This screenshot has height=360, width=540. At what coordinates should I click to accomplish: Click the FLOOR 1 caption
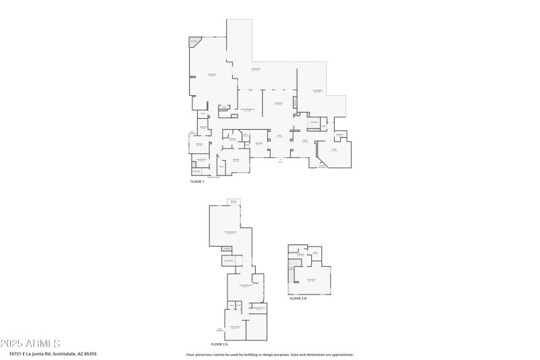(x=197, y=182)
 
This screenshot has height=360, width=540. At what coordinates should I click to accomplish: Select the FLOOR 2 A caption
(x=221, y=344)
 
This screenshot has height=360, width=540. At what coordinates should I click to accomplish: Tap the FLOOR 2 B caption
(x=298, y=298)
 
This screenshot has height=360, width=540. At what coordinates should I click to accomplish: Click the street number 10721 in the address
(x=16, y=353)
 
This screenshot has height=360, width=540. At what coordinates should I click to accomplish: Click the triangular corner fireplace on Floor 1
(x=194, y=42)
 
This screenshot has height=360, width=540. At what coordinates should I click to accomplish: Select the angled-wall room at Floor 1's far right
(x=335, y=152)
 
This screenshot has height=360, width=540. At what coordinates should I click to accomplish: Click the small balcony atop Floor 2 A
(x=234, y=202)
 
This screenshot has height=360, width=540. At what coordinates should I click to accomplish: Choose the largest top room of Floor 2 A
(x=230, y=230)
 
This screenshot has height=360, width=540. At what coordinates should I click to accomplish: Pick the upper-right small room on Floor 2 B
(x=315, y=253)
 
